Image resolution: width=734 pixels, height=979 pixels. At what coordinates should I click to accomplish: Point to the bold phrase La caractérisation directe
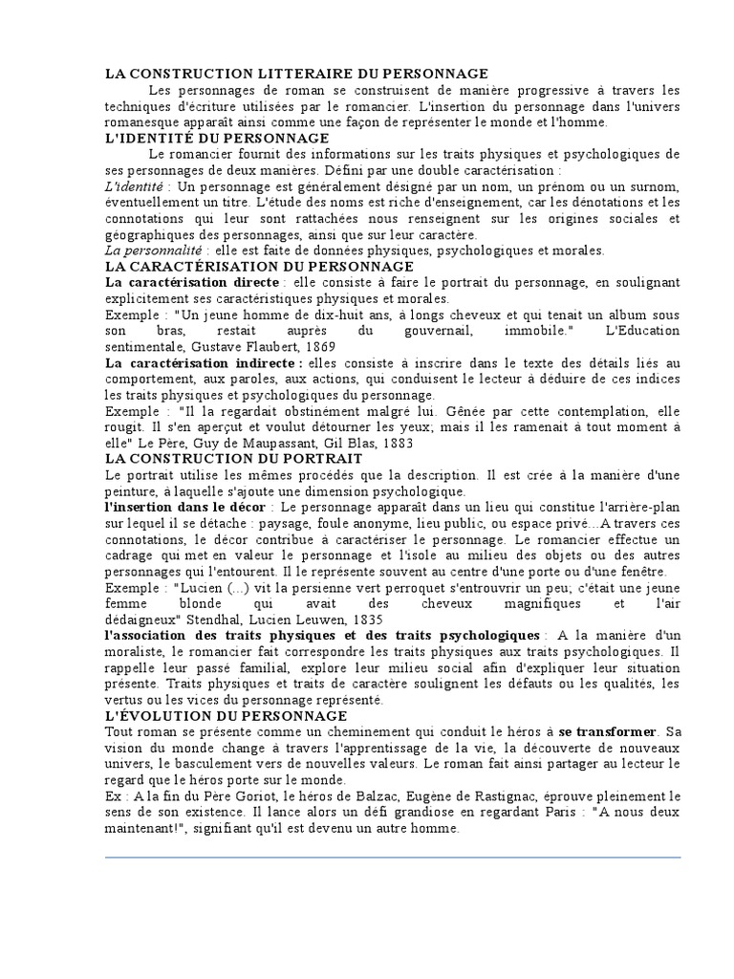192,283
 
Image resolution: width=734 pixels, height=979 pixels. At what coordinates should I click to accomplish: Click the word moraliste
136,652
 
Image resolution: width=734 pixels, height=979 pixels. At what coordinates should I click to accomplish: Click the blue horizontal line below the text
392,858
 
